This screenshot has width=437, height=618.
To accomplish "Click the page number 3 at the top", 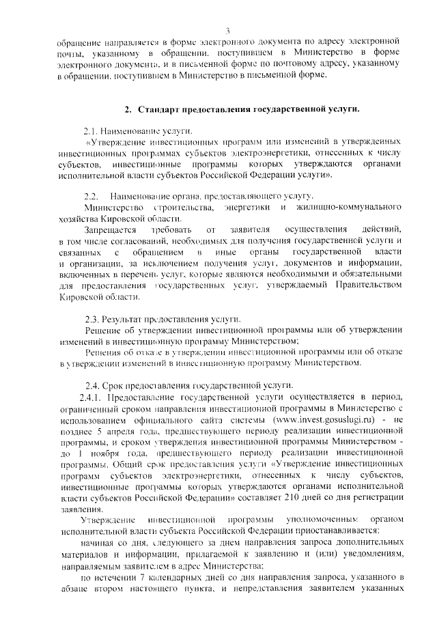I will [x=227, y=29].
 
